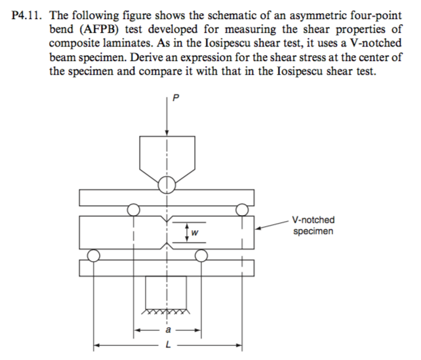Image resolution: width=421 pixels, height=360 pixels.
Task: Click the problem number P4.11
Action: point(26,16)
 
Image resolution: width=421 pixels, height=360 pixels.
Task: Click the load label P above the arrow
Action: point(176,98)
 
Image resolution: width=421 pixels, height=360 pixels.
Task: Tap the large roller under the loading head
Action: point(167,185)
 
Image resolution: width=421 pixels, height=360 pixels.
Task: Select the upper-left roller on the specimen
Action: point(133,210)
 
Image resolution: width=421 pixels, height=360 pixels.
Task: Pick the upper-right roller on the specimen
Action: point(242,210)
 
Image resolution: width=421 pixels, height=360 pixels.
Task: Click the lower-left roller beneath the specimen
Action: point(93,255)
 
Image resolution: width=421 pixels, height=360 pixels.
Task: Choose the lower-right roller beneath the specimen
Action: point(201,255)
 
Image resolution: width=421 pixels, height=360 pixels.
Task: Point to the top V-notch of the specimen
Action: point(167,219)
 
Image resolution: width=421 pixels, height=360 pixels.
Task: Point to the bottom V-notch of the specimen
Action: point(167,246)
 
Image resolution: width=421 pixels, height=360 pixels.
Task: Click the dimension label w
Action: point(195,233)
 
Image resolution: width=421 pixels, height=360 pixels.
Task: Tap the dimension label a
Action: point(168,330)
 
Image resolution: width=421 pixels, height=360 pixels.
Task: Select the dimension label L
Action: point(168,344)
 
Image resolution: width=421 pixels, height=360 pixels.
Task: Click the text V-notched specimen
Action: point(313,226)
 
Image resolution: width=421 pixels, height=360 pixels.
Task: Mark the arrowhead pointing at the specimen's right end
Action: point(258,228)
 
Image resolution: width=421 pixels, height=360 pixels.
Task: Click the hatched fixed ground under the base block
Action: point(166,311)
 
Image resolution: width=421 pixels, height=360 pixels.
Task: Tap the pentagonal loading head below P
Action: point(167,159)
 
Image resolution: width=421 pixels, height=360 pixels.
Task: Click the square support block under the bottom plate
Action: point(166,292)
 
